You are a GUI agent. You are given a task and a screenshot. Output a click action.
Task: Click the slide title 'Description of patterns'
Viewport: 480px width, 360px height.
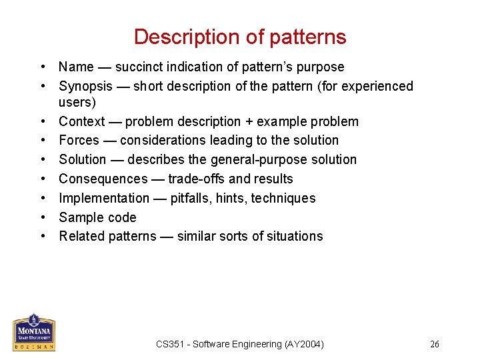(240, 37)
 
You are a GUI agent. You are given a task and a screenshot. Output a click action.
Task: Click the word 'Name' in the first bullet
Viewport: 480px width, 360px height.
(76, 67)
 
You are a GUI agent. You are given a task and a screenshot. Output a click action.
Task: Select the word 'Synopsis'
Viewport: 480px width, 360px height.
(85, 87)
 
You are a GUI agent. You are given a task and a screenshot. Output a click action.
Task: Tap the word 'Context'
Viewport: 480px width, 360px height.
(82, 121)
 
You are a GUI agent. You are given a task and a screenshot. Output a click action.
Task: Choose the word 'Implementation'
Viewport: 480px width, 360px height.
(104, 198)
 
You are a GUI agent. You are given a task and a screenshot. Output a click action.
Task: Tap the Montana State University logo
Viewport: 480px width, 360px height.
(34, 331)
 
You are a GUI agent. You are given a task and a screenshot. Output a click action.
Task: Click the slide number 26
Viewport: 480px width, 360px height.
(435, 344)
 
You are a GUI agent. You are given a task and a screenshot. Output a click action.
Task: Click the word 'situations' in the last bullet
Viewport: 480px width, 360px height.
(294, 236)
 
